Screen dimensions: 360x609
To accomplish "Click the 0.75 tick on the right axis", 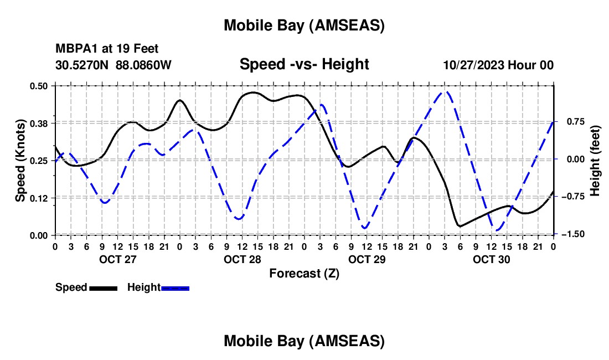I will (574, 122).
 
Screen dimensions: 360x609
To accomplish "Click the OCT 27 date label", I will (117, 259).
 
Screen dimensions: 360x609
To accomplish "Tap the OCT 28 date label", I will (242, 259).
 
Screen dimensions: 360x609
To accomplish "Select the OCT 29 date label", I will (367, 259).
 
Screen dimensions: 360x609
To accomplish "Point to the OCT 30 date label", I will (491, 259).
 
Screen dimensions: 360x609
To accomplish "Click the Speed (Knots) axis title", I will (20, 160).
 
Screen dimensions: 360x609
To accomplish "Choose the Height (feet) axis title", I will (595, 160).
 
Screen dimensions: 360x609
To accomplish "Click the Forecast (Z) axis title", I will (304, 273).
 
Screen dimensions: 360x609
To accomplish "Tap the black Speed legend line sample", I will (103, 288).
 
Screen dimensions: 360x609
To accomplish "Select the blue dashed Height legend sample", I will (176, 288).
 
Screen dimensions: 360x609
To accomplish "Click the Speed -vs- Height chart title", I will (304, 64).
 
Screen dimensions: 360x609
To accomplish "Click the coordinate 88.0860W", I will (143, 65).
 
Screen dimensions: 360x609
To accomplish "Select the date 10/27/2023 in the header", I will (473, 65).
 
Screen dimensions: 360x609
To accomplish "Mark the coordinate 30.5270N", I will (82, 65).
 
